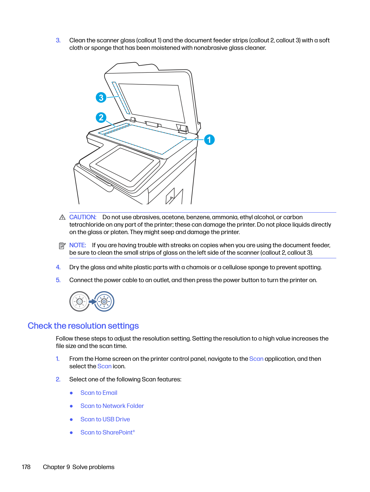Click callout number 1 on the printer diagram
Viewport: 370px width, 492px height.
[x=209, y=140]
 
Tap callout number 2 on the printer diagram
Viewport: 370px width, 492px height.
[x=101, y=117]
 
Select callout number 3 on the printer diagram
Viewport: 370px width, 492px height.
[x=101, y=98]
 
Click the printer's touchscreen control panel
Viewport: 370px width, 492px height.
[x=125, y=164]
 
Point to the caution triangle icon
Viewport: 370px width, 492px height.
[x=62, y=217]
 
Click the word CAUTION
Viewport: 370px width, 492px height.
[x=83, y=217]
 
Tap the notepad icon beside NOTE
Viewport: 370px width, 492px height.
[x=62, y=246]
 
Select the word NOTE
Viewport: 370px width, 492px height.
[x=78, y=245]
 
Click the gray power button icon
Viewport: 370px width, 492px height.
[x=79, y=301]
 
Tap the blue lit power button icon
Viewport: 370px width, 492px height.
[x=104, y=301]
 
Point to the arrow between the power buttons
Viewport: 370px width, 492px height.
[x=92, y=301]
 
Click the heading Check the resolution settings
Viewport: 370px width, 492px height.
[x=83, y=326]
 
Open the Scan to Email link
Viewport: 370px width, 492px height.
[x=99, y=393]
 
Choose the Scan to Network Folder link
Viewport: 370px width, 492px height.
[x=112, y=406]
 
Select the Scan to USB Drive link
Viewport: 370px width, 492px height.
[x=105, y=419]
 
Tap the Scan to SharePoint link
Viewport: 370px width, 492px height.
[x=107, y=432]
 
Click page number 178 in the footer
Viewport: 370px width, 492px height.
[x=26, y=467]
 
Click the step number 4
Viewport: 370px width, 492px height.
[x=58, y=267]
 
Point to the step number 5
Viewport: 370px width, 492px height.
[x=58, y=280]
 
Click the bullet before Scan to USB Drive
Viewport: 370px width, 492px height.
[x=71, y=420]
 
